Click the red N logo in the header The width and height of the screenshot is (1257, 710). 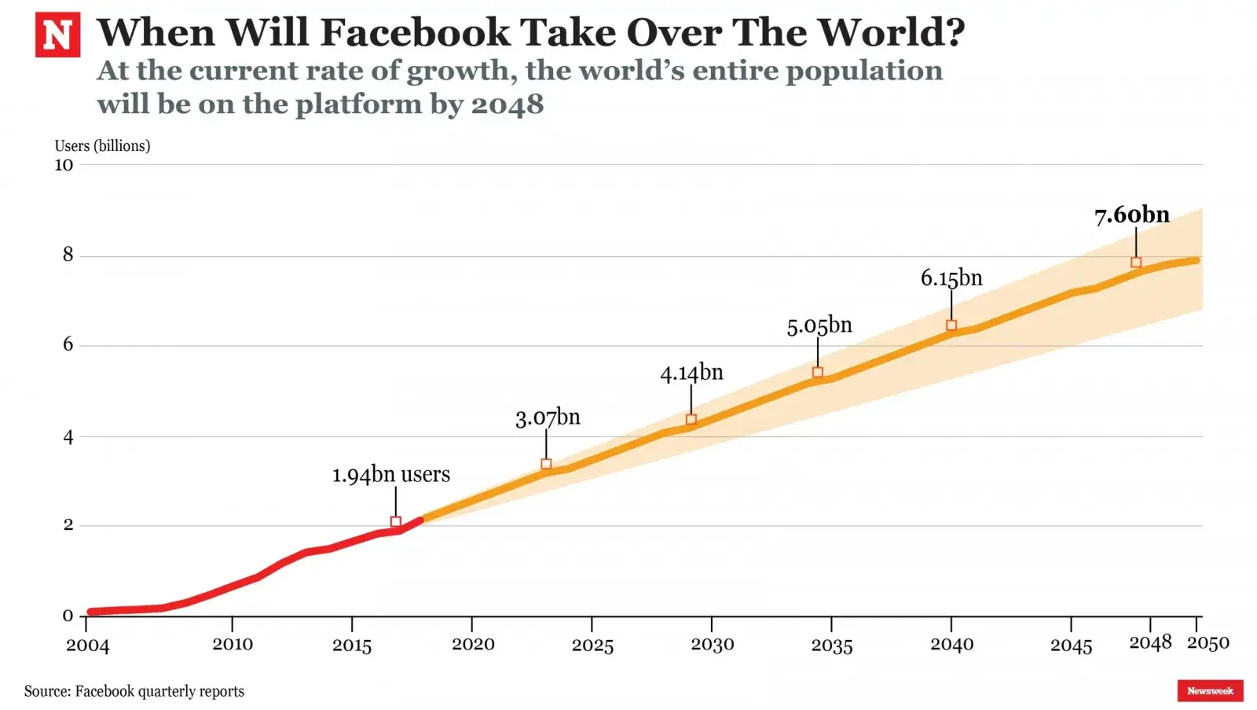(x=57, y=35)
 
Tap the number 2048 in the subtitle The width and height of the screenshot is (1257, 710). (x=507, y=104)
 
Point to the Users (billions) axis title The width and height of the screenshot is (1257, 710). (x=102, y=145)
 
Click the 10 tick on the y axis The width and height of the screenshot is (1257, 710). (x=64, y=165)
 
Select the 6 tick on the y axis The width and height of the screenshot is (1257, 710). (x=68, y=344)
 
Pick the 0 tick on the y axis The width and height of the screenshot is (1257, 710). (x=68, y=616)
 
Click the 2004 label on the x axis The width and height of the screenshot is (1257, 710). (x=87, y=646)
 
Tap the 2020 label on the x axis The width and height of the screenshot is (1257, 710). (x=473, y=645)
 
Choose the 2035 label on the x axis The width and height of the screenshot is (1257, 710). (x=832, y=646)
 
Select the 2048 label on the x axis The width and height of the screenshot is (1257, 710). (x=1150, y=643)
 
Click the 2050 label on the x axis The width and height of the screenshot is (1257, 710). (x=1208, y=643)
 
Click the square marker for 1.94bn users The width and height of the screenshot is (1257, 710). (x=396, y=522)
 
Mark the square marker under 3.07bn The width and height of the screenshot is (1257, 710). (x=546, y=464)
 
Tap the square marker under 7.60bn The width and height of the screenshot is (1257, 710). (x=1136, y=262)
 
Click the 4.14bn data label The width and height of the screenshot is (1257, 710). (x=691, y=373)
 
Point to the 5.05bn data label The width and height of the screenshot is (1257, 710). (x=819, y=326)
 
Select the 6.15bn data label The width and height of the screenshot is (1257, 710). (x=951, y=278)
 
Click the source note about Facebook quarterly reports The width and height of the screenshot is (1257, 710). (x=134, y=691)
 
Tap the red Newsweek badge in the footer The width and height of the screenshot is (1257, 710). (x=1210, y=690)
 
